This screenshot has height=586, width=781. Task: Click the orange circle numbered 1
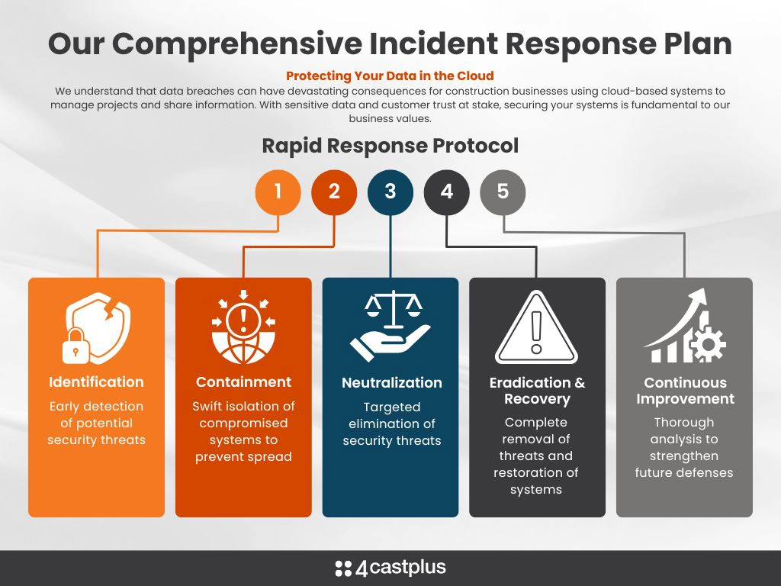(278, 192)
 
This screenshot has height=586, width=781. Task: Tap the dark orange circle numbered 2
(334, 192)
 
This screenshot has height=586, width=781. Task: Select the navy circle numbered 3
(390, 192)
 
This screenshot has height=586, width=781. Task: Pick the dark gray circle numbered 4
(447, 192)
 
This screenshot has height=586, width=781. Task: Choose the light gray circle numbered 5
(503, 192)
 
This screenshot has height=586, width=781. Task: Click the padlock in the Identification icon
(76, 346)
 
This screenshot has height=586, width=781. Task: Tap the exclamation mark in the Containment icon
(243, 320)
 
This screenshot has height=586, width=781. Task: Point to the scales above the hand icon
(394, 309)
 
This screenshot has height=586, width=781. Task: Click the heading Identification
(97, 382)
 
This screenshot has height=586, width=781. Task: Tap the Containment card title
(243, 382)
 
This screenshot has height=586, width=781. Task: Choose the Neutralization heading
(392, 383)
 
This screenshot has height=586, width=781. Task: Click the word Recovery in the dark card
(537, 399)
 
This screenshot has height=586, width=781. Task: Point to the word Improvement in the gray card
(686, 399)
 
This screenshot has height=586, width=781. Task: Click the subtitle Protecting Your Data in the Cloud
(390, 76)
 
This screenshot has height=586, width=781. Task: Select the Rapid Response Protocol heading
(390, 146)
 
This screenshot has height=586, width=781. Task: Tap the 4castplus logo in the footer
(390, 568)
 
